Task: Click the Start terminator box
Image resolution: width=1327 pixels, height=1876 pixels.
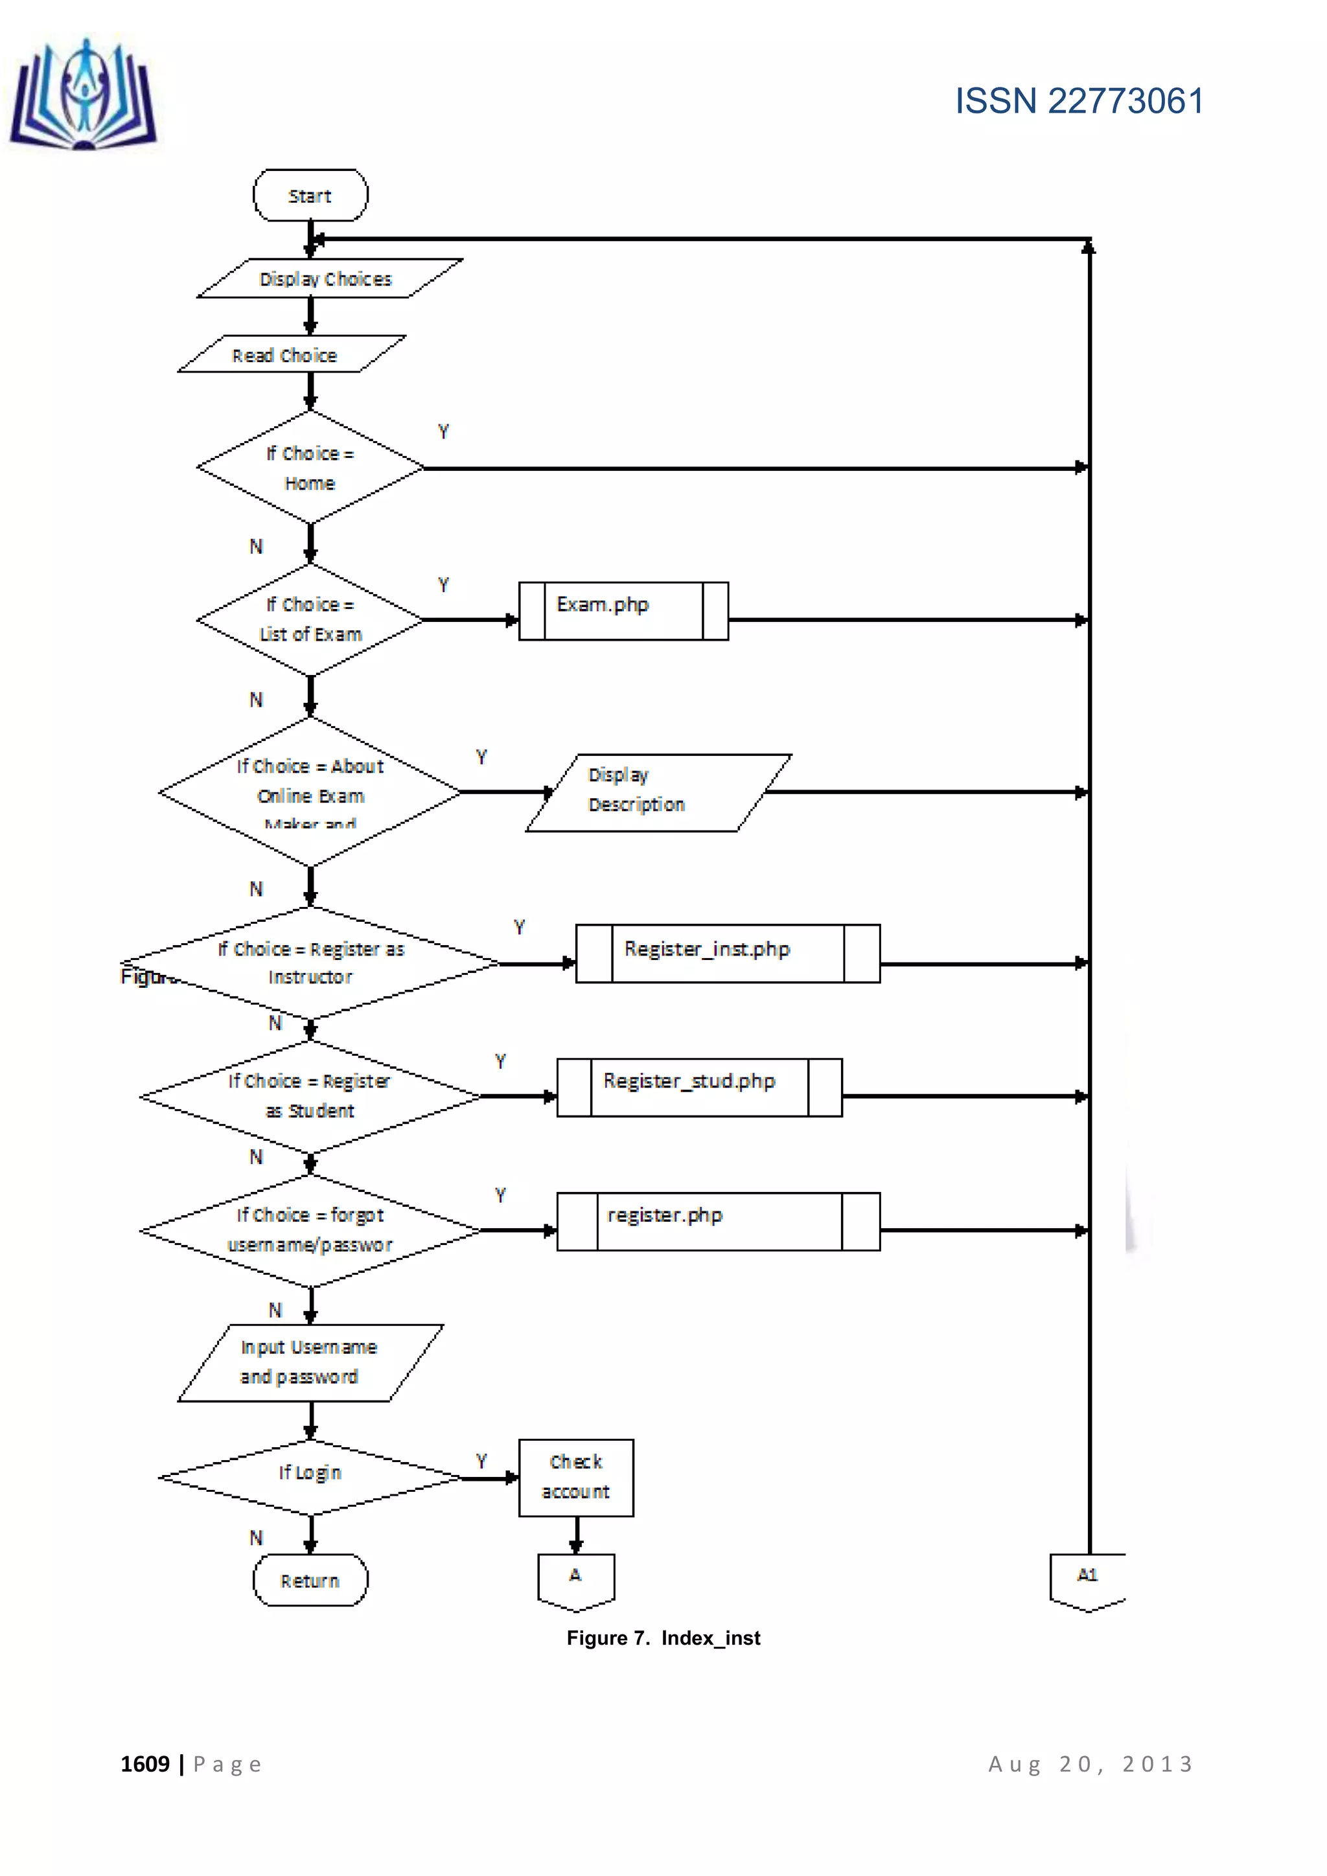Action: coord(310,195)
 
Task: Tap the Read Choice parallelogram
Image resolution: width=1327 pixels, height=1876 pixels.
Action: coord(291,354)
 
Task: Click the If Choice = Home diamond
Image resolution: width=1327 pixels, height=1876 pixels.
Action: coord(310,467)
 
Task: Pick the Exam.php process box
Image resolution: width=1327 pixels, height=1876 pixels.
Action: coord(623,610)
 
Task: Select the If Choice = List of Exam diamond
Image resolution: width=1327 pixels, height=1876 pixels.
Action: coord(310,619)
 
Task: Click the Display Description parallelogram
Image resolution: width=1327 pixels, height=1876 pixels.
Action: coord(658,792)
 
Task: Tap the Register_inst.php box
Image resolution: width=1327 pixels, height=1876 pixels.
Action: coord(727,953)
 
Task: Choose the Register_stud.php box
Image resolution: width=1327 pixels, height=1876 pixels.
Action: coord(698,1087)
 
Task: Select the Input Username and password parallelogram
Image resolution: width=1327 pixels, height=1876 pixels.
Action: coord(310,1362)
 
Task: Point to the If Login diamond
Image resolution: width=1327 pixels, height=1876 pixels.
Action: coord(310,1476)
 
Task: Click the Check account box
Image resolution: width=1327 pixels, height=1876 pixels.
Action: coord(575,1477)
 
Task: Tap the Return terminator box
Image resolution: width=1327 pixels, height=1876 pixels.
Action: coord(310,1579)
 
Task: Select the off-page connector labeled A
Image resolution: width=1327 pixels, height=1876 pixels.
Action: coord(575,1580)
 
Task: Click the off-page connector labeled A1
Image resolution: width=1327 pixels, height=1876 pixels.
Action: coord(1087,1580)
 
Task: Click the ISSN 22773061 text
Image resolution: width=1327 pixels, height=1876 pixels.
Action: coord(1079,101)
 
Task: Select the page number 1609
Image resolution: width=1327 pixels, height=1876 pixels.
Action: coord(144,1764)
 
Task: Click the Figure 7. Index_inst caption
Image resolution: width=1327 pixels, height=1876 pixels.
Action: coord(663,1638)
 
